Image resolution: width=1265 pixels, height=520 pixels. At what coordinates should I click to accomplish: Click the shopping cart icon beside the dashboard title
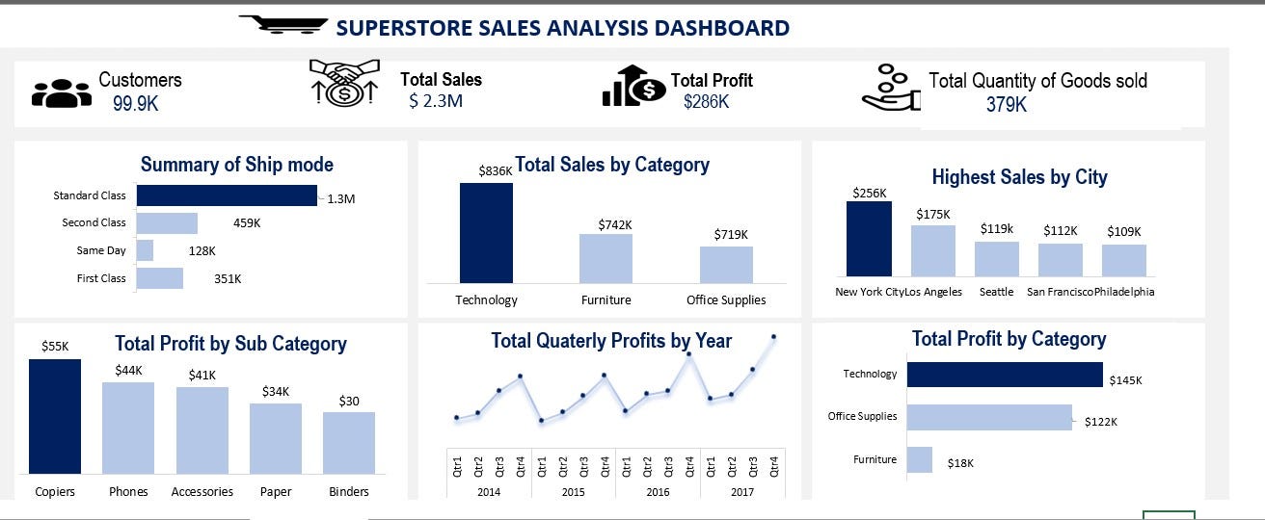(282, 24)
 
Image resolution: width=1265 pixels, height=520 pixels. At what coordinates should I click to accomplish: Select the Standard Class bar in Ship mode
(227, 195)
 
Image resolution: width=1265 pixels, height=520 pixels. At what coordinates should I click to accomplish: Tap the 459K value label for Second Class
(247, 223)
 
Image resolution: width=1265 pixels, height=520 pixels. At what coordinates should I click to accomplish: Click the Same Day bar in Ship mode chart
(145, 250)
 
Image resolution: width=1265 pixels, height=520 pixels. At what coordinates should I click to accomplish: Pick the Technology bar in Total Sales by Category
(486, 232)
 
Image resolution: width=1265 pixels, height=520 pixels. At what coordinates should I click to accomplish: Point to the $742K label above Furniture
(614, 224)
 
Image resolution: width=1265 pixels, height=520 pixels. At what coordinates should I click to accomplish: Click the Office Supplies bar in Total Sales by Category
(726, 264)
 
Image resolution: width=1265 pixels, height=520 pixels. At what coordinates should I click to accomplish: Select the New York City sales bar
(869, 239)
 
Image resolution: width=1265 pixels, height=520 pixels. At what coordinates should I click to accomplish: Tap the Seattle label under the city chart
(996, 292)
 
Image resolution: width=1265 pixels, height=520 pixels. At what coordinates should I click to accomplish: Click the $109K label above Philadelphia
(1123, 231)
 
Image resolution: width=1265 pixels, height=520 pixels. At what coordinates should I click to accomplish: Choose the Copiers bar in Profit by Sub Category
(55, 416)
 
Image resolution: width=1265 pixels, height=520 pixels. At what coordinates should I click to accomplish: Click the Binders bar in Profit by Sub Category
(349, 442)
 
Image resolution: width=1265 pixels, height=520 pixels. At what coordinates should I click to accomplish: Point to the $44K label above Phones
(128, 370)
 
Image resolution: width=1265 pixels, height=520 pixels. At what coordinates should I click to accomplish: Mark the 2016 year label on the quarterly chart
(658, 492)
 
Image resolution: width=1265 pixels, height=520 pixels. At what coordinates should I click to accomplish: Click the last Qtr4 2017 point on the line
(773, 337)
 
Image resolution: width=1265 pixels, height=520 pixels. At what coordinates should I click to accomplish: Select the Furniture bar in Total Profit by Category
(920, 459)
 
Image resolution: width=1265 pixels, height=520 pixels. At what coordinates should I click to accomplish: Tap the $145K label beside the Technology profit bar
(1125, 380)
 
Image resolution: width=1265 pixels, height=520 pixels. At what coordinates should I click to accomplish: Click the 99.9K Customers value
(135, 104)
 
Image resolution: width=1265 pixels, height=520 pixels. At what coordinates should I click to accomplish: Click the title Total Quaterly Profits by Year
(611, 341)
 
